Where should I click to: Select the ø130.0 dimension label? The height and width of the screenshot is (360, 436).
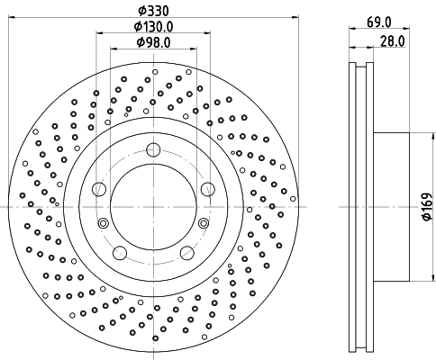pyautogui.click(x=153, y=26)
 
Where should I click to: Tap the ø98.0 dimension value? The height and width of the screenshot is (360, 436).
pyautogui.click(x=153, y=41)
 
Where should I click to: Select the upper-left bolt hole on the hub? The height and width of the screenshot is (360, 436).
pyautogui.click(x=100, y=189)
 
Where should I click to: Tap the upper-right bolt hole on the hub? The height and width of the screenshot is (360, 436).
pyautogui.click(x=208, y=189)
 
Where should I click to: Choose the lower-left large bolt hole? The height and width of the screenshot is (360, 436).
pyautogui.click(x=121, y=253)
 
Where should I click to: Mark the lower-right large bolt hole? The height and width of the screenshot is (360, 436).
pyautogui.click(x=187, y=253)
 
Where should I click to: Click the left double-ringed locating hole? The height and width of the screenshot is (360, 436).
pyautogui.click(x=103, y=223)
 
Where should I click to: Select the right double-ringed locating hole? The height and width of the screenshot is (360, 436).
pyautogui.click(x=205, y=223)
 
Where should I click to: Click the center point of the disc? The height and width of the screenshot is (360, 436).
pyautogui.click(x=154, y=207)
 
